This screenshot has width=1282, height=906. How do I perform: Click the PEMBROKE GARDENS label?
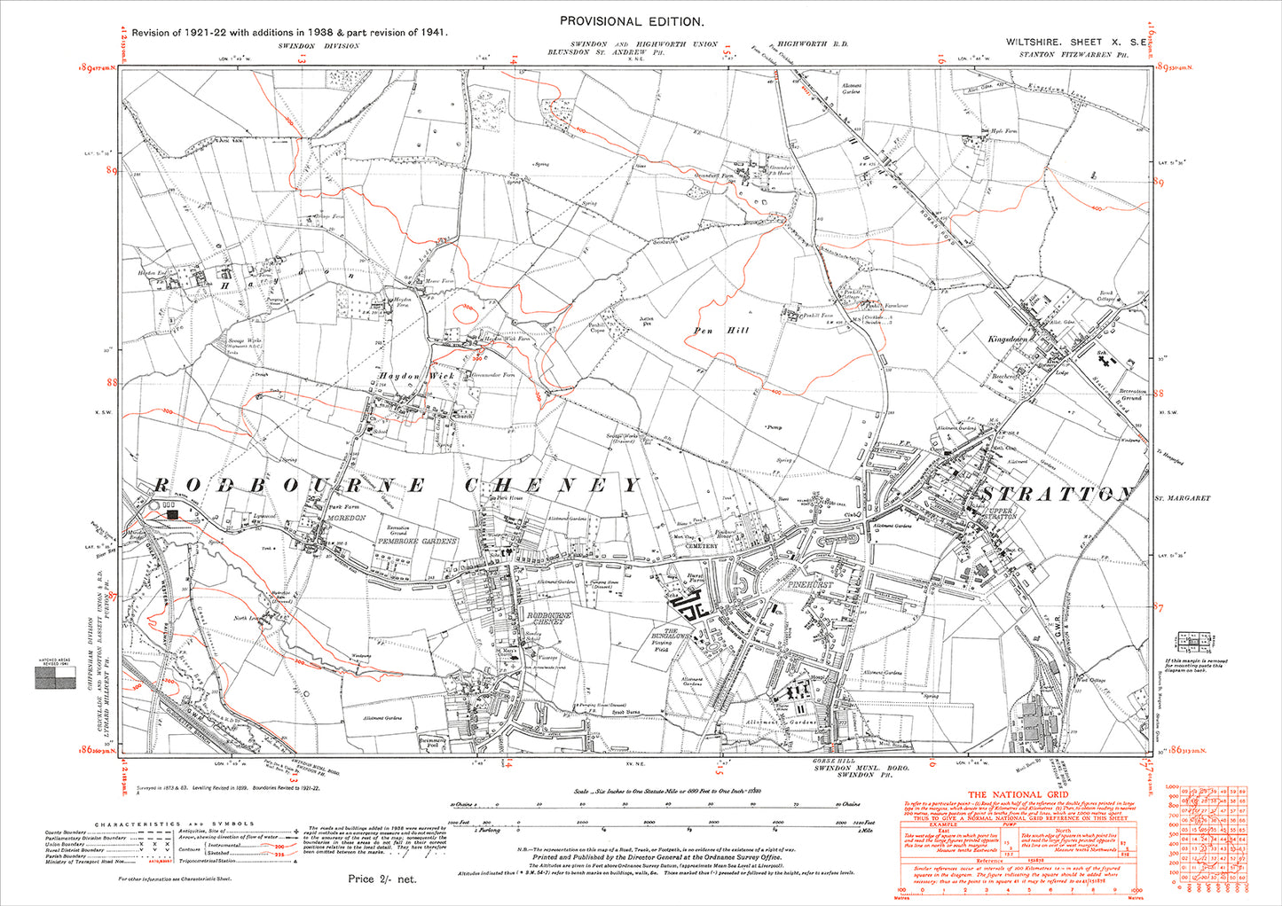418,541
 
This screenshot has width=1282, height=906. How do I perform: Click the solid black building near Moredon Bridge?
172,512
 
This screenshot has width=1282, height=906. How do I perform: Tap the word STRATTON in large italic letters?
1056,494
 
